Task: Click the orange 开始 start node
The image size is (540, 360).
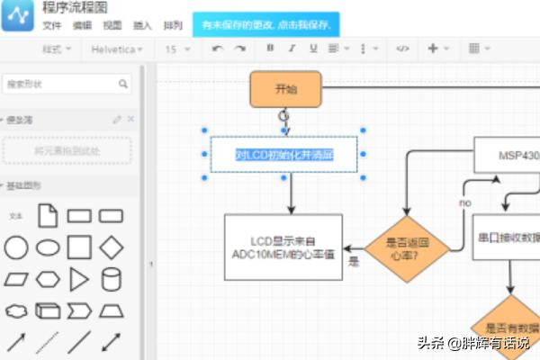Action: coord(285,89)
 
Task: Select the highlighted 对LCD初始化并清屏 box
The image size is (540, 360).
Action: coord(284,154)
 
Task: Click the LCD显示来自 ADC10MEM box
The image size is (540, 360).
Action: coord(283,247)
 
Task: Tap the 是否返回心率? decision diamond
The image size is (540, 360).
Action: coord(406,247)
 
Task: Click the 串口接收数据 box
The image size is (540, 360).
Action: coord(507,238)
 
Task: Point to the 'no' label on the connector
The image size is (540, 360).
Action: coord(465,203)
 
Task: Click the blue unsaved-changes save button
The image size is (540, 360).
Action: coord(265,25)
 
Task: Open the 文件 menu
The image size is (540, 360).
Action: coord(52,25)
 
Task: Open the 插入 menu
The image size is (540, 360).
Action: coord(142,25)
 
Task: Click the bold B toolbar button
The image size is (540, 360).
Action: coord(270,49)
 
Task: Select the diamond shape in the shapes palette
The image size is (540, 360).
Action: coord(111,247)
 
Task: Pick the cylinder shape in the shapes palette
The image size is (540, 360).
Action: coord(111,279)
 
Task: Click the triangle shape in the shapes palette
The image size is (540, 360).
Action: coord(79,279)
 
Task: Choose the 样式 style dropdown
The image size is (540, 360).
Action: coord(57,49)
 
